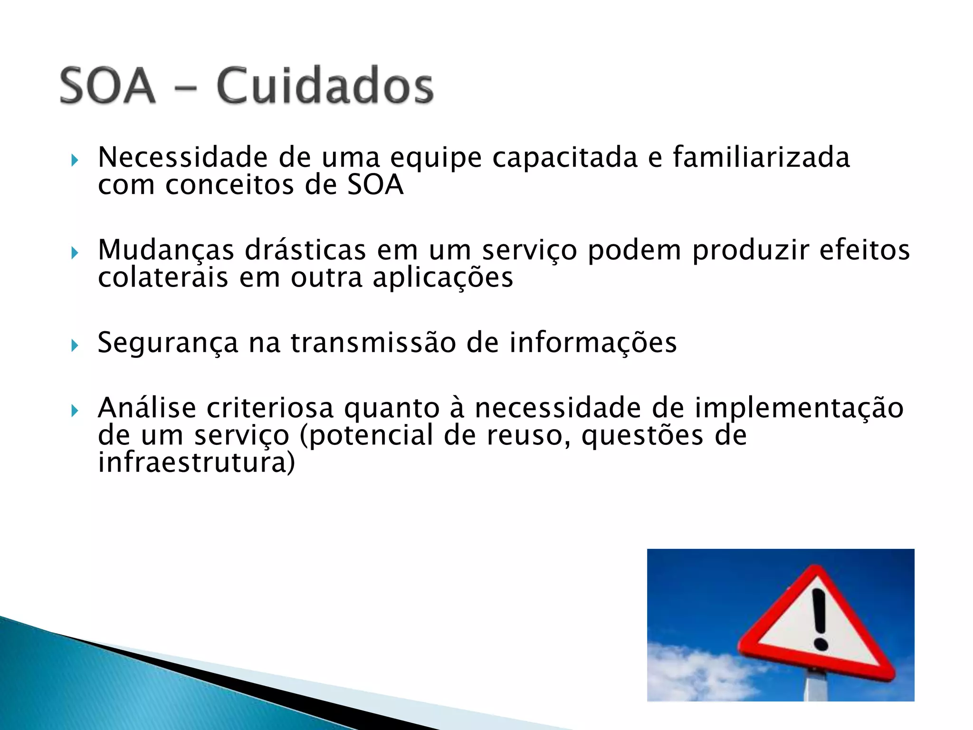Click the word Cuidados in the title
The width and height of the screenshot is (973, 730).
tap(325, 86)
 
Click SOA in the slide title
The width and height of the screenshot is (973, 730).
tap(108, 86)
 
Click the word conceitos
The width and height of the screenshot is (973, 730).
tap(229, 185)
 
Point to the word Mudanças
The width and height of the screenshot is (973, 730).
tap(166, 250)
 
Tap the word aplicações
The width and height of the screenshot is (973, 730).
tap(443, 278)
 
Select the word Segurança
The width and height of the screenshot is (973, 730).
tap(168, 343)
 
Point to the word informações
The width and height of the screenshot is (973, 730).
tap(593, 342)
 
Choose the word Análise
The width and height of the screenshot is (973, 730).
tap(147, 408)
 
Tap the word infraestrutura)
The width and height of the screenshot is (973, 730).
tap(196, 463)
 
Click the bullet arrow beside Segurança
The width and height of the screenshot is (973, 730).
tap(75, 345)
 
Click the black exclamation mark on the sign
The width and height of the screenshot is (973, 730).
tap(820, 618)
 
